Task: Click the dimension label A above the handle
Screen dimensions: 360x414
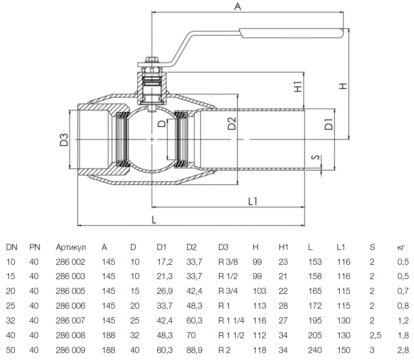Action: pyautogui.click(x=237, y=6)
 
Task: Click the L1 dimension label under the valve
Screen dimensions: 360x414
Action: pyautogui.click(x=253, y=200)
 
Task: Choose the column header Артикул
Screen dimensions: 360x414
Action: pyautogui.click(x=71, y=247)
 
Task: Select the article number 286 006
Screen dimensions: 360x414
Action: pyautogui.click(x=71, y=306)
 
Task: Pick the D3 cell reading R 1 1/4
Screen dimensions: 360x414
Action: pyautogui.click(x=231, y=320)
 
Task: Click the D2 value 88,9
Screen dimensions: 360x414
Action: pyautogui.click(x=194, y=350)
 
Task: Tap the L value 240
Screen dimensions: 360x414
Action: pyautogui.click(x=315, y=350)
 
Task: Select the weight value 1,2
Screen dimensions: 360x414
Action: pyautogui.click(x=402, y=320)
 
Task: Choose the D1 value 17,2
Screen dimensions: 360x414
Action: pyautogui.click(x=165, y=262)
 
